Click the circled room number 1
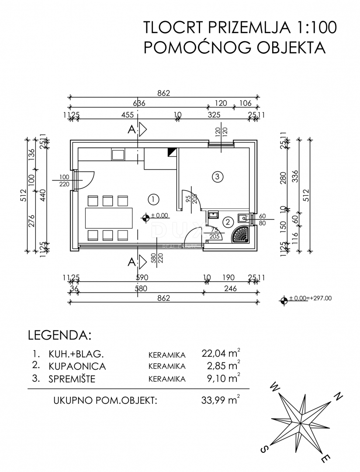pyautogui.click(x=153, y=199)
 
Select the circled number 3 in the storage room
pyautogui.click(x=217, y=177)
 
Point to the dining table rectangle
pyautogui.click(x=109, y=218)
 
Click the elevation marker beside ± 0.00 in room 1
pyautogui.click(x=145, y=216)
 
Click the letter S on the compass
pyautogui.click(x=264, y=449)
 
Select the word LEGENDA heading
pyautogui.click(x=59, y=336)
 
